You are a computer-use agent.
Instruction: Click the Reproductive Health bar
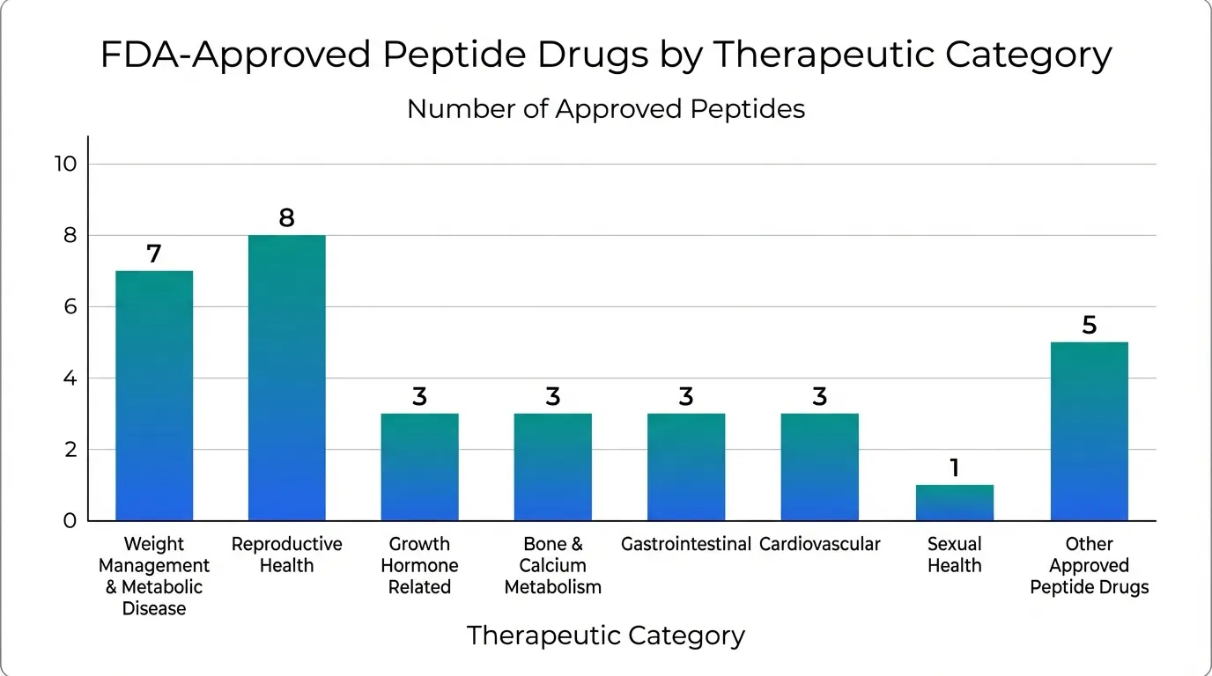[x=286, y=378]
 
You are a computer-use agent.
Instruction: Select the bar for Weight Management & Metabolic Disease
[x=154, y=395]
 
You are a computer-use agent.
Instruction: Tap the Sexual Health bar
[x=954, y=503]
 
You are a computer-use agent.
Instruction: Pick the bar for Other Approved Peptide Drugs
[x=1089, y=431]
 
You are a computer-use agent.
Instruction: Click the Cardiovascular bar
[x=819, y=467]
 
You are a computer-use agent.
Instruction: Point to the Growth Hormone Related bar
[x=419, y=467]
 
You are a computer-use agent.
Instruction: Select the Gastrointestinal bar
[x=686, y=467]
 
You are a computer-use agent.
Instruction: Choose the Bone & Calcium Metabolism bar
[x=553, y=467]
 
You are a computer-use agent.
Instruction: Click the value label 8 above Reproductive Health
[x=286, y=218]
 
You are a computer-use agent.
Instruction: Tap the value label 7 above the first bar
[x=154, y=254]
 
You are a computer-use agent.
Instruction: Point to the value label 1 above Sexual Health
[x=954, y=468]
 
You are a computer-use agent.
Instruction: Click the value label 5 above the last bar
[x=1089, y=326]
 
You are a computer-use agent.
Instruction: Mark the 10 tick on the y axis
[x=67, y=164]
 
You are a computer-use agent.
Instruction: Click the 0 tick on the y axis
[x=70, y=521]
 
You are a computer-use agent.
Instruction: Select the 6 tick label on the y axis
[x=70, y=307]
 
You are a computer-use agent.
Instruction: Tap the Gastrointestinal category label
[x=686, y=544]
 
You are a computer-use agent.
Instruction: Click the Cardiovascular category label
[x=819, y=544]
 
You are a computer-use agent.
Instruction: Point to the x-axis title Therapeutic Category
[x=606, y=636]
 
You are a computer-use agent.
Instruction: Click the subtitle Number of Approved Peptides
[x=606, y=109]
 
